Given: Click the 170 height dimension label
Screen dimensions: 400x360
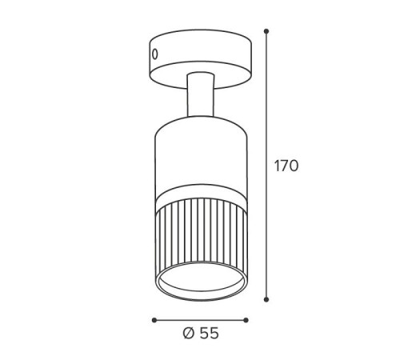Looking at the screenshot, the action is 286,166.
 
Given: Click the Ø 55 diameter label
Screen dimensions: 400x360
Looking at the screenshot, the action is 201,334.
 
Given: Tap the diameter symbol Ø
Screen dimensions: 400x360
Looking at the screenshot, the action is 189,334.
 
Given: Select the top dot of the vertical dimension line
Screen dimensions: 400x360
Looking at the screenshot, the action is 266,31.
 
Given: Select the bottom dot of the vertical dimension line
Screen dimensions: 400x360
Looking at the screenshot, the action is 266,299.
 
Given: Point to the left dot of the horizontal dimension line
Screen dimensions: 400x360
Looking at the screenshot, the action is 154,320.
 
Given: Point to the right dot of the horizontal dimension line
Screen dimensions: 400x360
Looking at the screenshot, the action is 246,320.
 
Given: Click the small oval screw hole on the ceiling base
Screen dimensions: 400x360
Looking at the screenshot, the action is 155,54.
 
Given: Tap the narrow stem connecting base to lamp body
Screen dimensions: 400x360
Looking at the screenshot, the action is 201,94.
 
